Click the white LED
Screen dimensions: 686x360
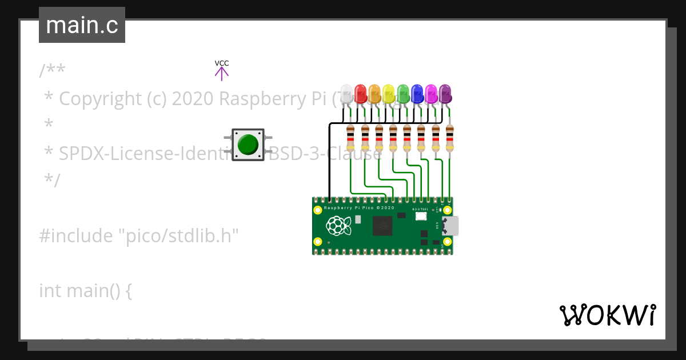[x=346, y=94]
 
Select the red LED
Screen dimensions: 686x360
[x=361, y=94]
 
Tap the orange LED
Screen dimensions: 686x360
[x=374, y=94]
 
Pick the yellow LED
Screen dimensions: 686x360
[x=389, y=94]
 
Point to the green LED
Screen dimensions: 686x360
[x=403, y=94]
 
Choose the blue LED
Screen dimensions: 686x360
[x=417, y=94]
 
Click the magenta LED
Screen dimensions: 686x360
[x=431, y=94]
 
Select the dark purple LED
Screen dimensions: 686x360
[x=445, y=94]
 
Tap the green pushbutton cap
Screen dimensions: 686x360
[x=248, y=145]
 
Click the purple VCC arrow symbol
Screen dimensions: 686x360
[x=222, y=73]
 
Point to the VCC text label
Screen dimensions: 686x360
[x=222, y=63]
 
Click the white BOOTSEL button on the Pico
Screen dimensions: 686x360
[x=421, y=217]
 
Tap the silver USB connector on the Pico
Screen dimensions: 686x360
[x=450, y=226]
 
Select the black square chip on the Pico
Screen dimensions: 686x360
[x=383, y=226]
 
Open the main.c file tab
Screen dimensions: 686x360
[x=82, y=25]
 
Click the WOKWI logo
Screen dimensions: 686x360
[x=607, y=315]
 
